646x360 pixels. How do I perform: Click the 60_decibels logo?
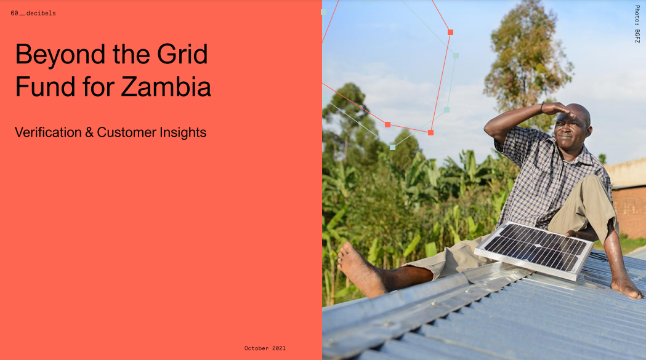click(33, 13)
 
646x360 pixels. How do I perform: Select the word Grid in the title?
click(182, 54)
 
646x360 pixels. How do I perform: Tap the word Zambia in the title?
click(166, 87)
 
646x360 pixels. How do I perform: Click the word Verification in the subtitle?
click(48, 132)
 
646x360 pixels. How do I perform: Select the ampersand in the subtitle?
click(89, 133)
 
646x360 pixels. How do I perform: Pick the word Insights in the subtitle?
click(183, 132)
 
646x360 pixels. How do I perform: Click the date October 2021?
click(265, 348)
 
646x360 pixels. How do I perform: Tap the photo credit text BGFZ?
click(637, 36)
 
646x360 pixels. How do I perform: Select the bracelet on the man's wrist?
click(542, 108)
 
